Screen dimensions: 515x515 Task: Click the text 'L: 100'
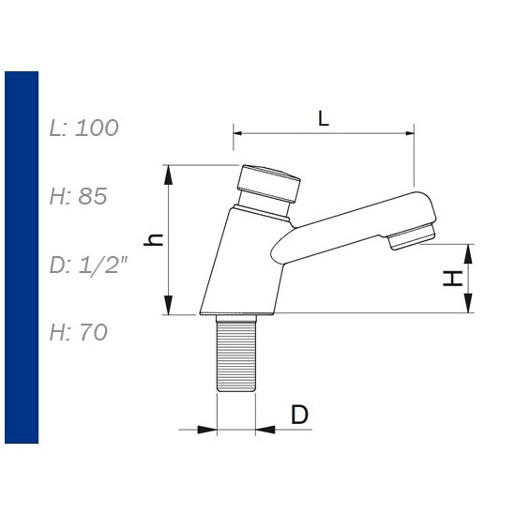pos(84,128)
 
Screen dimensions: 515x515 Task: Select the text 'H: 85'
pos(79,196)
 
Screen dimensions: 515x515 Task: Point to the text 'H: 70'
pos(79,332)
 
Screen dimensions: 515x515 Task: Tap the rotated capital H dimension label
pos(452,278)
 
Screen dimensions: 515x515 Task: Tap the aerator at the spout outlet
pos(413,236)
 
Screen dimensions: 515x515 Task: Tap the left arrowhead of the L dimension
pos(238,133)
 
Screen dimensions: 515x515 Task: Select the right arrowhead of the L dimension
pos(407,133)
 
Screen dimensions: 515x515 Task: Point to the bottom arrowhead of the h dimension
pos(169,309)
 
